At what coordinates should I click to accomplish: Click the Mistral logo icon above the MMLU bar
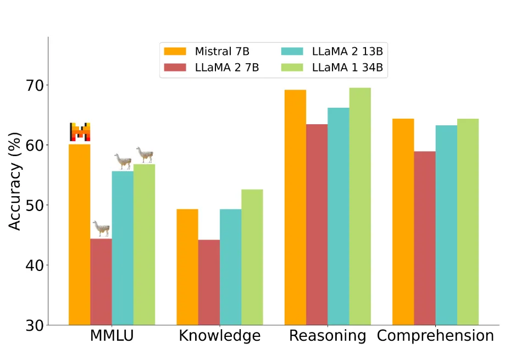click(80, 132)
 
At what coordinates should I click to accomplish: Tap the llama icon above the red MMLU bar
click(101, 228)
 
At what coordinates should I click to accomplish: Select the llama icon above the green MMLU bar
click(145, 154)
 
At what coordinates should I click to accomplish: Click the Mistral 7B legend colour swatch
click(175, 52)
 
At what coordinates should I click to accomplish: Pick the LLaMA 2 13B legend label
click(347, 52)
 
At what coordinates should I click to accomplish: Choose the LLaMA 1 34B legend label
click(347, 68)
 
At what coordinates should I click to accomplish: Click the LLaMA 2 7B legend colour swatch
click(175, 68)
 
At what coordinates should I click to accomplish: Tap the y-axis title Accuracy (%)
click(15, 181)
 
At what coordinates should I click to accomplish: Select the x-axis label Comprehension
click(435, 336)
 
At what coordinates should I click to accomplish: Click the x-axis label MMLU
click(112, 336)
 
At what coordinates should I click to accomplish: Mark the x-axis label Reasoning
click(328, 336)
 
